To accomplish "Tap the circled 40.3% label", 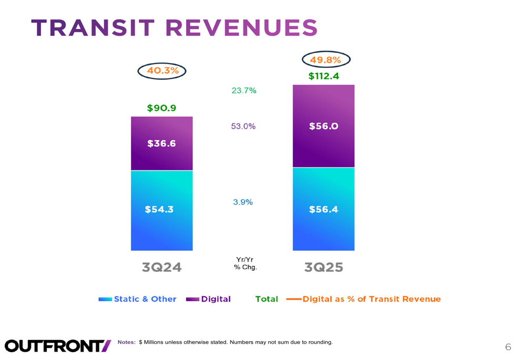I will click(x=162, y=71).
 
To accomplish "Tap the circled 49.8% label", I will click(x=326, y=60).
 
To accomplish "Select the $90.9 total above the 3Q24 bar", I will click(x=161, y=108).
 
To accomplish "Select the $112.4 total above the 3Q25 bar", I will click(x=323, y=77).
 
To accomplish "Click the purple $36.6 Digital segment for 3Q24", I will click(x=161, y=143).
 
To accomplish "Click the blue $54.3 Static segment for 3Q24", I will click(x=159, y=209).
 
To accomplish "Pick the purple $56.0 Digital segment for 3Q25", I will click(x=323, y=126).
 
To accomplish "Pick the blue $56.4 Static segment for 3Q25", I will click(x=323, y=209).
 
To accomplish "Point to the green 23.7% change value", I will click(x=244, y=91).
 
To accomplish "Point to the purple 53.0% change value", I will click(x=243, y=127).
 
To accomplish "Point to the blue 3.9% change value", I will click(x=243, y=202).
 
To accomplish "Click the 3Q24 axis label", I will click(x=161, y=267).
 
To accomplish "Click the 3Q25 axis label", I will click(x=323, y=267).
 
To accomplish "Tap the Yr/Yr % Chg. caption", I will click(x=245, y=263).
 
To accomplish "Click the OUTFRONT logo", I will click(x=58, y=345).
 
